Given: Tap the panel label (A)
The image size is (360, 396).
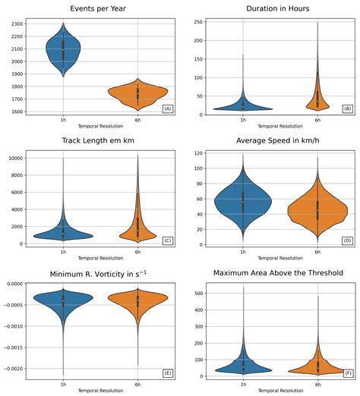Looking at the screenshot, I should [167, 109].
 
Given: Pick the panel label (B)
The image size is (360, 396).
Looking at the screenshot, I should [348, 109].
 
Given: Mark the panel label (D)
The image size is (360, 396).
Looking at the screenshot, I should [348, 240].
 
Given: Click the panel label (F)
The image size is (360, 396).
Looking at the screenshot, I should [348, 372].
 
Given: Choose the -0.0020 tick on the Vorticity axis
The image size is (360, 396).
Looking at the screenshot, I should [13, 369].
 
